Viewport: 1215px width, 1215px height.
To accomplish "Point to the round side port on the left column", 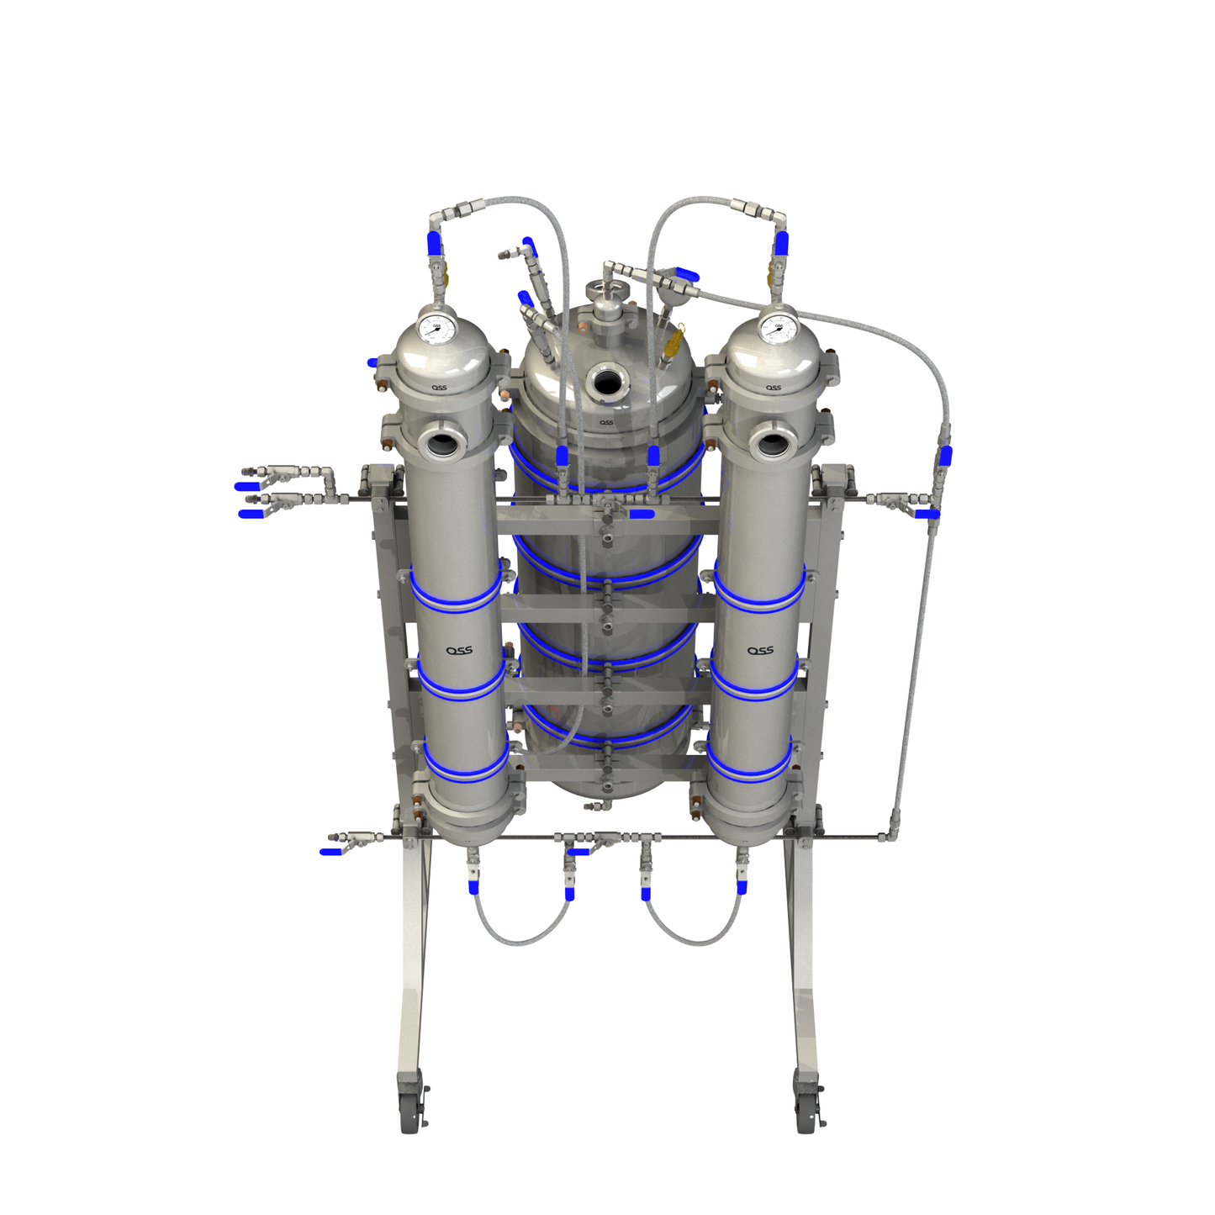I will [439, 442].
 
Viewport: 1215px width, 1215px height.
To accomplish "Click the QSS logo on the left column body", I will [459, 650].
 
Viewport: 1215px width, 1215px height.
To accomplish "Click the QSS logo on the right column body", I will [760, 650].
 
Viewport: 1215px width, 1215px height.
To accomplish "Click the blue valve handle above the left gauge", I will [434, 243].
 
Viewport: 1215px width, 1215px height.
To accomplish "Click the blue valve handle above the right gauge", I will [781, 243].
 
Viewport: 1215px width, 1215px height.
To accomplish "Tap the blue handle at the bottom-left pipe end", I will [330, 852].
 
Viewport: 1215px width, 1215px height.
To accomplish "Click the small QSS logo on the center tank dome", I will [606, 422].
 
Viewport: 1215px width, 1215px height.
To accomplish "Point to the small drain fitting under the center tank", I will [596, 806].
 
